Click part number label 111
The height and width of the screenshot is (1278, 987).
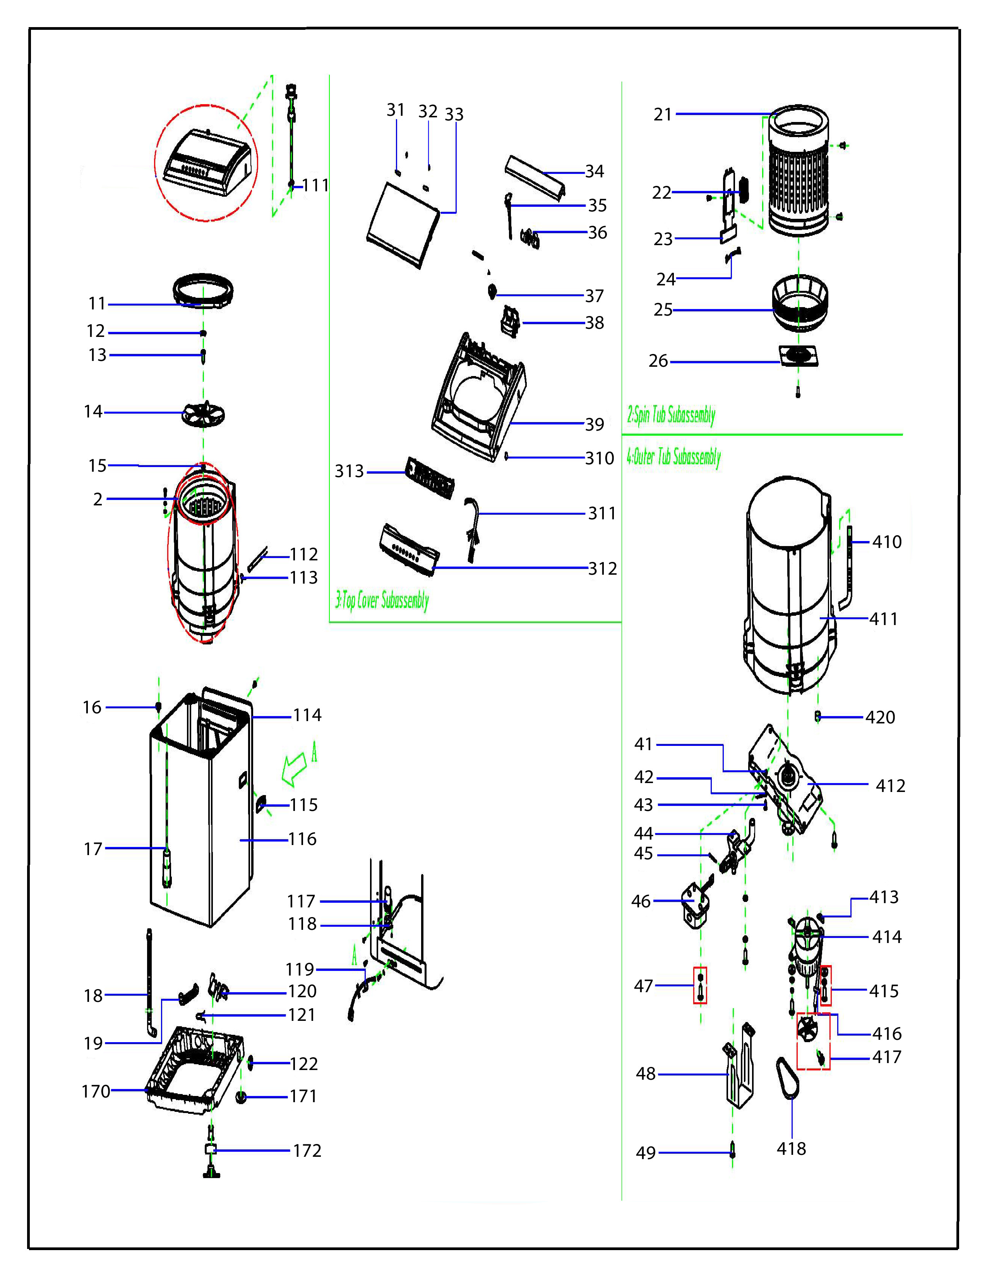pos(316,186)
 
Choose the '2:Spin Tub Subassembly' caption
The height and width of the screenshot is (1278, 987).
pos(671,416)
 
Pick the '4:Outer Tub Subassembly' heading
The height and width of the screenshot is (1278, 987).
pos(673,457)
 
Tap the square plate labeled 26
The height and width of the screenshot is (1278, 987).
pos(799,355)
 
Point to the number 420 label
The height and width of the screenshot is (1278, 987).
pos(880,717)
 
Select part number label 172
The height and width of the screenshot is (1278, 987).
pos(307,1151)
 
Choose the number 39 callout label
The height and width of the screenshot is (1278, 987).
pos(595,424)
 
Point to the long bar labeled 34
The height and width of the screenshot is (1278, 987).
pos(535,179)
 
